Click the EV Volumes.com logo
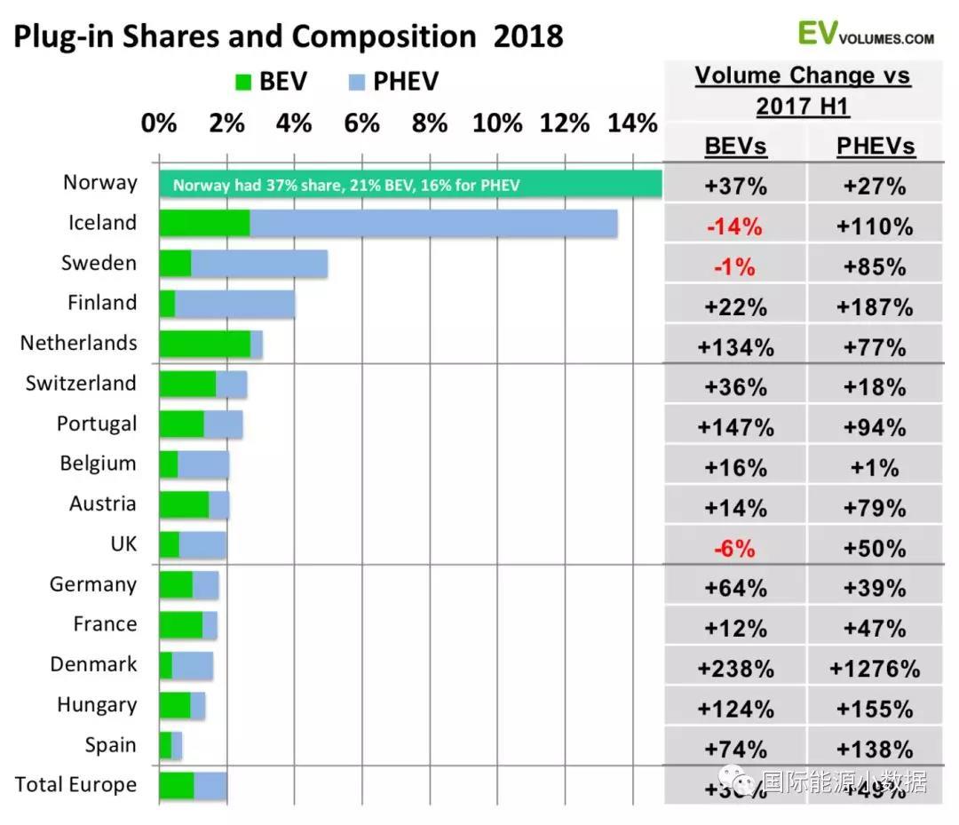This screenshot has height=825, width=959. pos(865,34)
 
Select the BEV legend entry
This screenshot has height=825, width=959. pos(272,82)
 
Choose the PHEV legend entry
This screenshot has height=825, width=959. pos(390,82)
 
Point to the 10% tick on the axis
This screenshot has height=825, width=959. pos(497,123)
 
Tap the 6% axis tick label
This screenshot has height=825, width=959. pos(361,123)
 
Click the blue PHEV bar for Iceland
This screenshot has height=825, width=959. pos(433,224)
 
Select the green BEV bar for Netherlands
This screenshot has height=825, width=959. pos(205,344)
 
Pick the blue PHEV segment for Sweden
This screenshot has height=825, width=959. pos(259,264)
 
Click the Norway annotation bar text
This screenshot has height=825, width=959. pos(346,186)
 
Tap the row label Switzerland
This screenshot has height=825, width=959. pos(81,384)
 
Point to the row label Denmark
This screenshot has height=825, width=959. pos(93,664)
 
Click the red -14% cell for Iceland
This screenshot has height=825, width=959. pos(735,226)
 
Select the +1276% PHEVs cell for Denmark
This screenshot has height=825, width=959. pos(875,669)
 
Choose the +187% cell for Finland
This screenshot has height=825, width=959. pos(875,307)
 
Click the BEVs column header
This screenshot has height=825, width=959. pos(735,146)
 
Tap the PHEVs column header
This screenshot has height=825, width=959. pos(875,146)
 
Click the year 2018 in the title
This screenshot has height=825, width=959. pos(527,36)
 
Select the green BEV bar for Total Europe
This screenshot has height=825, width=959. pos(177,786)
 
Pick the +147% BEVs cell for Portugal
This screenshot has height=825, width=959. pos(735,428)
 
